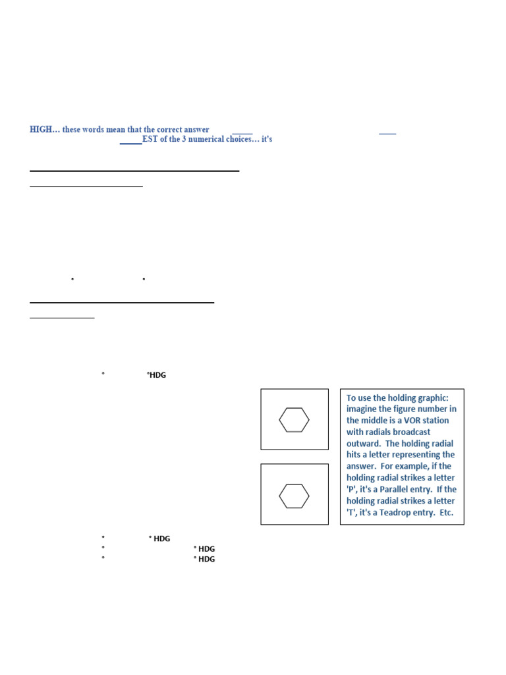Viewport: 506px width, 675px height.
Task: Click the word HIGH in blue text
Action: pyautogui.click(x=40, y=130)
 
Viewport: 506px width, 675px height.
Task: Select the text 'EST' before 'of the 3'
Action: pyautogui.click(x=150, y=140)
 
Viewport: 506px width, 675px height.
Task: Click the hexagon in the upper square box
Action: pyautogui.click(x=294, y=420)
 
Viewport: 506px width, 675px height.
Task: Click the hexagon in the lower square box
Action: pyautogui.click(x=294, y=496)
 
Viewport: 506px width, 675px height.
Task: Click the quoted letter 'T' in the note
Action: pyautogui.click(x=351, y=512)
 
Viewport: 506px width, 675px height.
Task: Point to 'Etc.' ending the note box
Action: pyautogui.click(x=445, y=512)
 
